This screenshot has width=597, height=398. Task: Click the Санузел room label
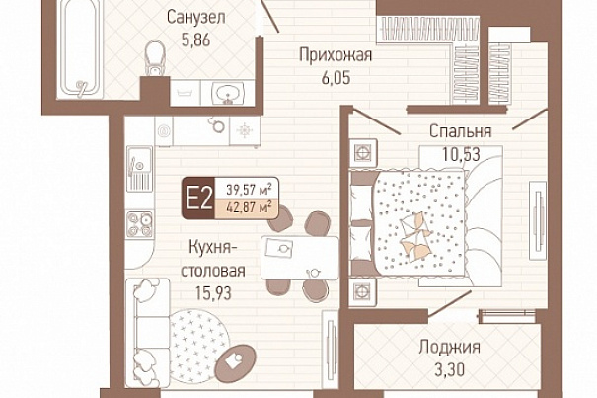tap(195, 18)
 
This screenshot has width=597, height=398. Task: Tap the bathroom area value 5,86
tap(195, 40)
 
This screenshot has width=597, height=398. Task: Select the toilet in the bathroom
tap(155, 58)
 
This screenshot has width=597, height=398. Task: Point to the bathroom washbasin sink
tap(228, 93)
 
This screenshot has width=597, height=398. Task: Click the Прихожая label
tap(336, 55)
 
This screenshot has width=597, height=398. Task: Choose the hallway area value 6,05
tap(336, 78)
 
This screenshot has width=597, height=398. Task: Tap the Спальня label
tap(460, 131)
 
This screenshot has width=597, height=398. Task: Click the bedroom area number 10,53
tap(461, 154)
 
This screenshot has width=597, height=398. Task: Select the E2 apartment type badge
tap(198, 199)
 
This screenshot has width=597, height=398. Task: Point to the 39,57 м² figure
tap(249, 189)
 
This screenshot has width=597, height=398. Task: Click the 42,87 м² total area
tap(249, 208)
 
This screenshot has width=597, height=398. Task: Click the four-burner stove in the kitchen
tap(140, 224)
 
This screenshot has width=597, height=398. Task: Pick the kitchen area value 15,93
tap(213, 293)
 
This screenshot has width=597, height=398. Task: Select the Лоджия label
tap(449, 348)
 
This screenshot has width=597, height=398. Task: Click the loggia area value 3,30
tap(449, 369)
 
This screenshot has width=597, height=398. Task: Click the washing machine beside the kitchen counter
tap(164, 131)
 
